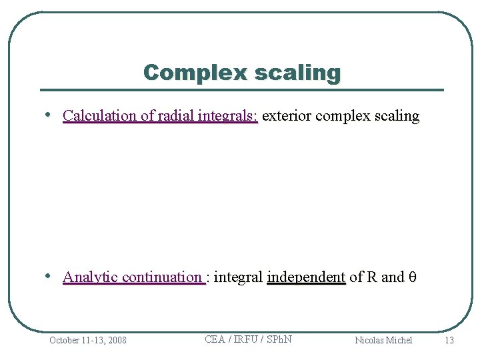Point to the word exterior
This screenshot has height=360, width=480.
pyautogui.click(x=287, y=115)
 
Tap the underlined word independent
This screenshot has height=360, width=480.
pyautogui.click(x=306, y=277)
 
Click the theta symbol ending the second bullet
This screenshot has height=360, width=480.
pyautogui.click(x=411, y=277)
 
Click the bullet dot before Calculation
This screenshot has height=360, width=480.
pyautogui.click(x=50, y=115)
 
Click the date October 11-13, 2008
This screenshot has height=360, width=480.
pyautogui.click(x=87, y=340)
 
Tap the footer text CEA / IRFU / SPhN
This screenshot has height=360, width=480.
pyautogui.click(x=248, y=339)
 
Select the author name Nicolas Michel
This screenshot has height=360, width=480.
pyautogui.click(x=383, y=340)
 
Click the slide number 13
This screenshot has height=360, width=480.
pyautogui.click(x=449, y=340)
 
